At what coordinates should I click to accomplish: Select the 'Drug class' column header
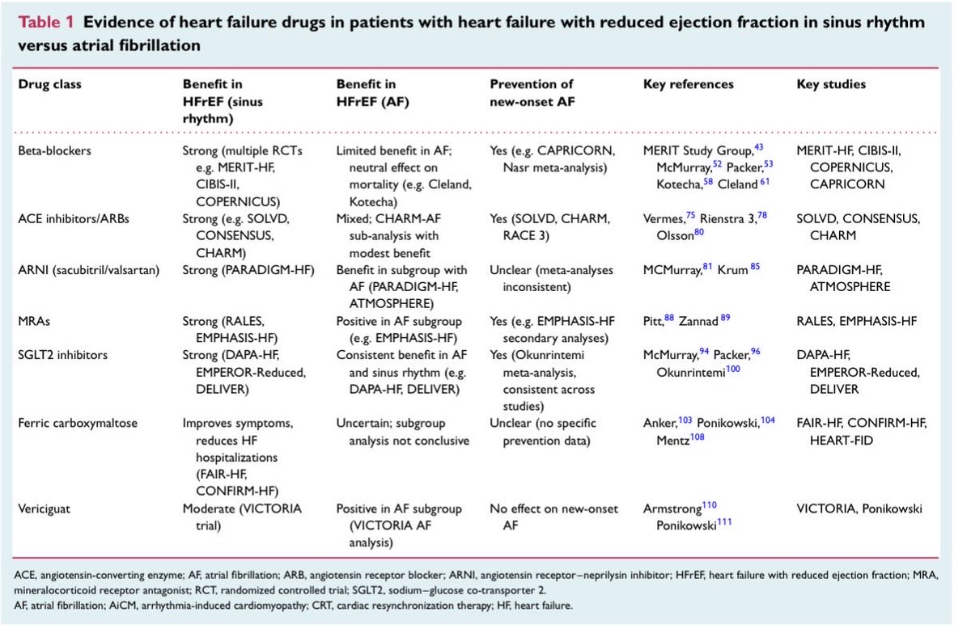pos(49,84)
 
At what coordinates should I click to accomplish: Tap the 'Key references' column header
pos(688,84)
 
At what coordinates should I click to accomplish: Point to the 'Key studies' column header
pos(831,84)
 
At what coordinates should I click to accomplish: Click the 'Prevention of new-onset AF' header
pos(532,93)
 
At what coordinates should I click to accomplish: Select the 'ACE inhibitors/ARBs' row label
pos(71,219)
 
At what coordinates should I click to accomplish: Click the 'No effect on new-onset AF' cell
pos(554,517)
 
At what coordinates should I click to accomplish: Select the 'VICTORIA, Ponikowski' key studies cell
pos(859,509)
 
